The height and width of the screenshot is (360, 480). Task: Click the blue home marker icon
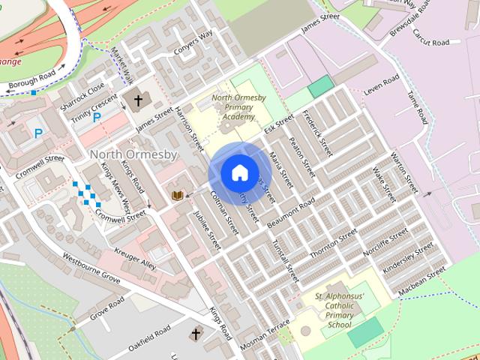pos(239,172)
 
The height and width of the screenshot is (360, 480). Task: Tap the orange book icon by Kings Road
pos(178,196)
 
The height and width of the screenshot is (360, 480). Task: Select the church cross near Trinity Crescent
pos(138,100)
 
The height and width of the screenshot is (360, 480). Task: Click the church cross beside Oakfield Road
pos(196,333)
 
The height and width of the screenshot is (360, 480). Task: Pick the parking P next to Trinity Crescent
pos(96,117)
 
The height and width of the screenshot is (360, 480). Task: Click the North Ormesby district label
pos(133,154)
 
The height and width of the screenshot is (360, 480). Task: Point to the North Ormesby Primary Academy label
pos(233,107)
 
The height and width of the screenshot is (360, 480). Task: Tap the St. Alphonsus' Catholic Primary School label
pos(340,310)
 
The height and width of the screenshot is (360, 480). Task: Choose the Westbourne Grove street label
pos(91,268)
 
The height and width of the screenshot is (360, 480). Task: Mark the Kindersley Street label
pos(408,256)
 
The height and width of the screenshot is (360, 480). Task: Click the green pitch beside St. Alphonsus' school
pos(364,331)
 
